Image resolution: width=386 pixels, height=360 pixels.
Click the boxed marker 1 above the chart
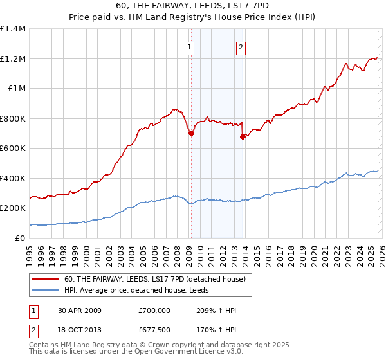click(x=190, y=46)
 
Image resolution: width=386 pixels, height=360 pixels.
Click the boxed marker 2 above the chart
click(x=241, y=46)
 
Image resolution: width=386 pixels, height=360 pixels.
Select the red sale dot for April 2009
click(x=191, y=134)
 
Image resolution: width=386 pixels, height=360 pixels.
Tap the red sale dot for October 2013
click(x=243, y=136)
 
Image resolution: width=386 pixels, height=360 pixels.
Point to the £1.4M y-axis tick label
click(x=13, y=29)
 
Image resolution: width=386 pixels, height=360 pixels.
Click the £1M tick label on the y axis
click(x=17, y=89)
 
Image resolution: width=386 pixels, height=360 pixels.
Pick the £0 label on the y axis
click(x=20, y=238)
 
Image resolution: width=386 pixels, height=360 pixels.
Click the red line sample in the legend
click(x=46, y=280)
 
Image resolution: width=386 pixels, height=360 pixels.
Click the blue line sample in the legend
click(x=46, y=291)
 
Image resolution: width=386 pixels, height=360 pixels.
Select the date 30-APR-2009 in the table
click(x=80, y=310)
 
